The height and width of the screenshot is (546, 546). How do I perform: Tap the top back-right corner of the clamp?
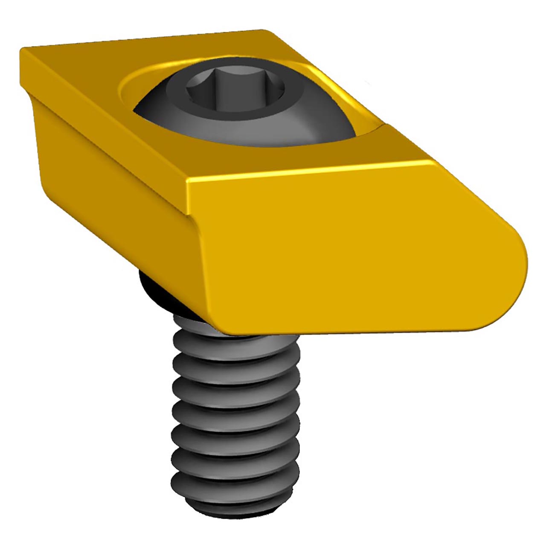pyautogui.click(x=264, y=32)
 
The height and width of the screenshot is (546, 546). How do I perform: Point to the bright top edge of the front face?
pyautogui.click(x=307, y=173)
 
